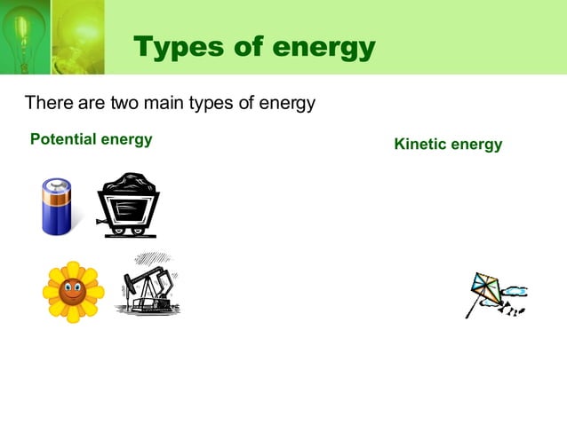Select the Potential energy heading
(91, 140)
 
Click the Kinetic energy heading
(448, 145)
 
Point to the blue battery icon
(56, 206)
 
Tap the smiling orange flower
(73, 290)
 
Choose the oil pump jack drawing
(147, 285)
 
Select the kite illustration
(493, 294)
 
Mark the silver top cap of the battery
(57, 185)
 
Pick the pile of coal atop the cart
(129, 184)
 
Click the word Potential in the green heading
(63, 140)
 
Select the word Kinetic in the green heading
(420, 145)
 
